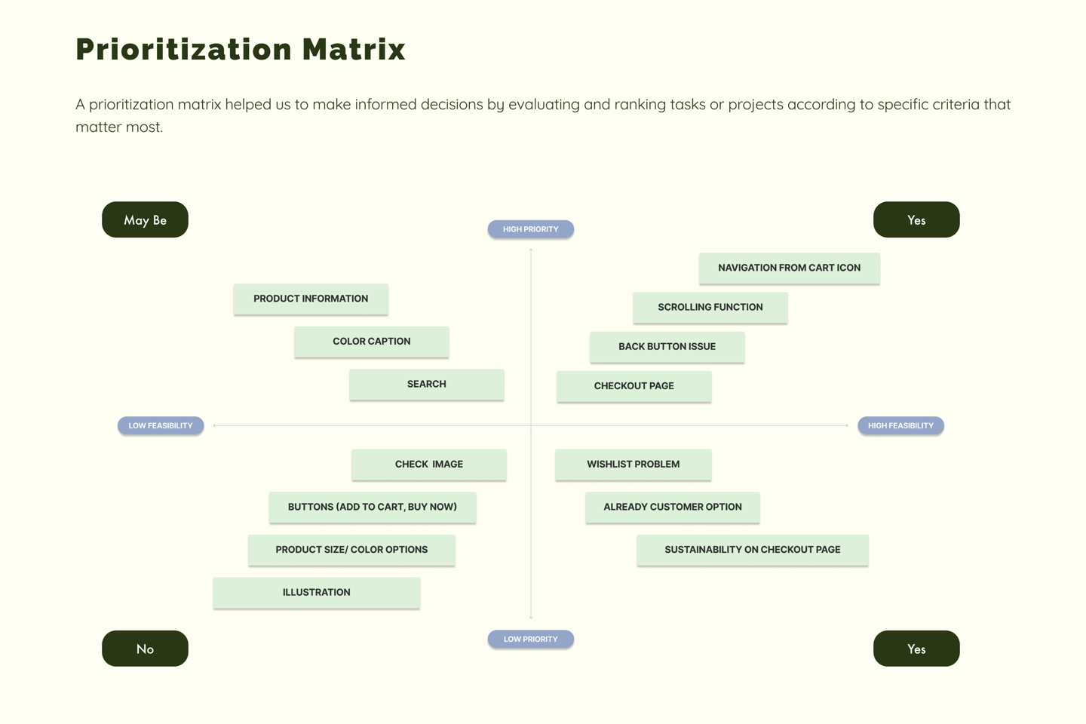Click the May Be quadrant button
(145, 219)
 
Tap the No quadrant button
(145, 649)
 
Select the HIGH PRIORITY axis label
(531, 229)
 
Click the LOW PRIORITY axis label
(531, 640)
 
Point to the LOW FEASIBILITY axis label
(161, 426)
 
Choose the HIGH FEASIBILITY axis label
(900, 426)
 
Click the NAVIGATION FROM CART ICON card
(789, 268)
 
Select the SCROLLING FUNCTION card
(710, 308)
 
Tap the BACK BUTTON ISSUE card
(667, 347)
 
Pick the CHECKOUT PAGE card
(633, 386)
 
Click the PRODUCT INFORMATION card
(311, 299)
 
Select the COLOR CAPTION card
(372, 342)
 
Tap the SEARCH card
(427, 385)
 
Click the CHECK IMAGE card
(429, 465)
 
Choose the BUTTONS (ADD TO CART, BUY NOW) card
(373, 508)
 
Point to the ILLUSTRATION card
(317, 593)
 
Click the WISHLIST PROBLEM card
(633, 465)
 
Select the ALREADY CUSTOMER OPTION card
(673, 508)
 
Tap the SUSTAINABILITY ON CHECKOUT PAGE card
(753, 550)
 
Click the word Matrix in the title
(354, 50)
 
